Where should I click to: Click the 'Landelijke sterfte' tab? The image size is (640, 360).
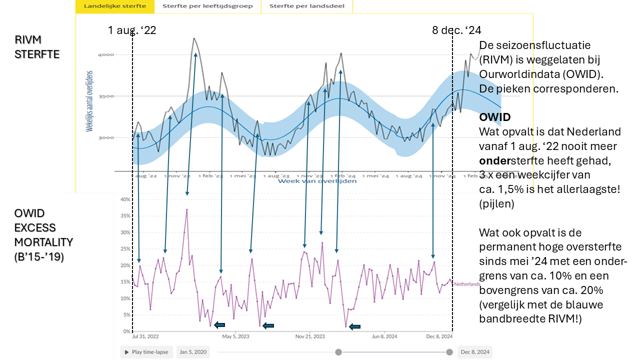click(x=114, y=6)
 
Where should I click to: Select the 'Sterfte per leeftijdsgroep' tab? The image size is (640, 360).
click(x=207, y=6)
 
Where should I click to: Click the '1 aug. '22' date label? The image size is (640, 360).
click(x=132, y=30)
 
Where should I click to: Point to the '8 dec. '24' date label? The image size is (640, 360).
click(x=456, y=30)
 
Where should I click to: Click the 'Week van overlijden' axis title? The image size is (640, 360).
click(x=317, y=180)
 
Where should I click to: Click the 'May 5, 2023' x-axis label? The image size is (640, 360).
click(x=236, y=336)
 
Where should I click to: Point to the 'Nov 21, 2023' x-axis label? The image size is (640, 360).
click(x=310, y=336)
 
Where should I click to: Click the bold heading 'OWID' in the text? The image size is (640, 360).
click(x=495, y=117)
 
